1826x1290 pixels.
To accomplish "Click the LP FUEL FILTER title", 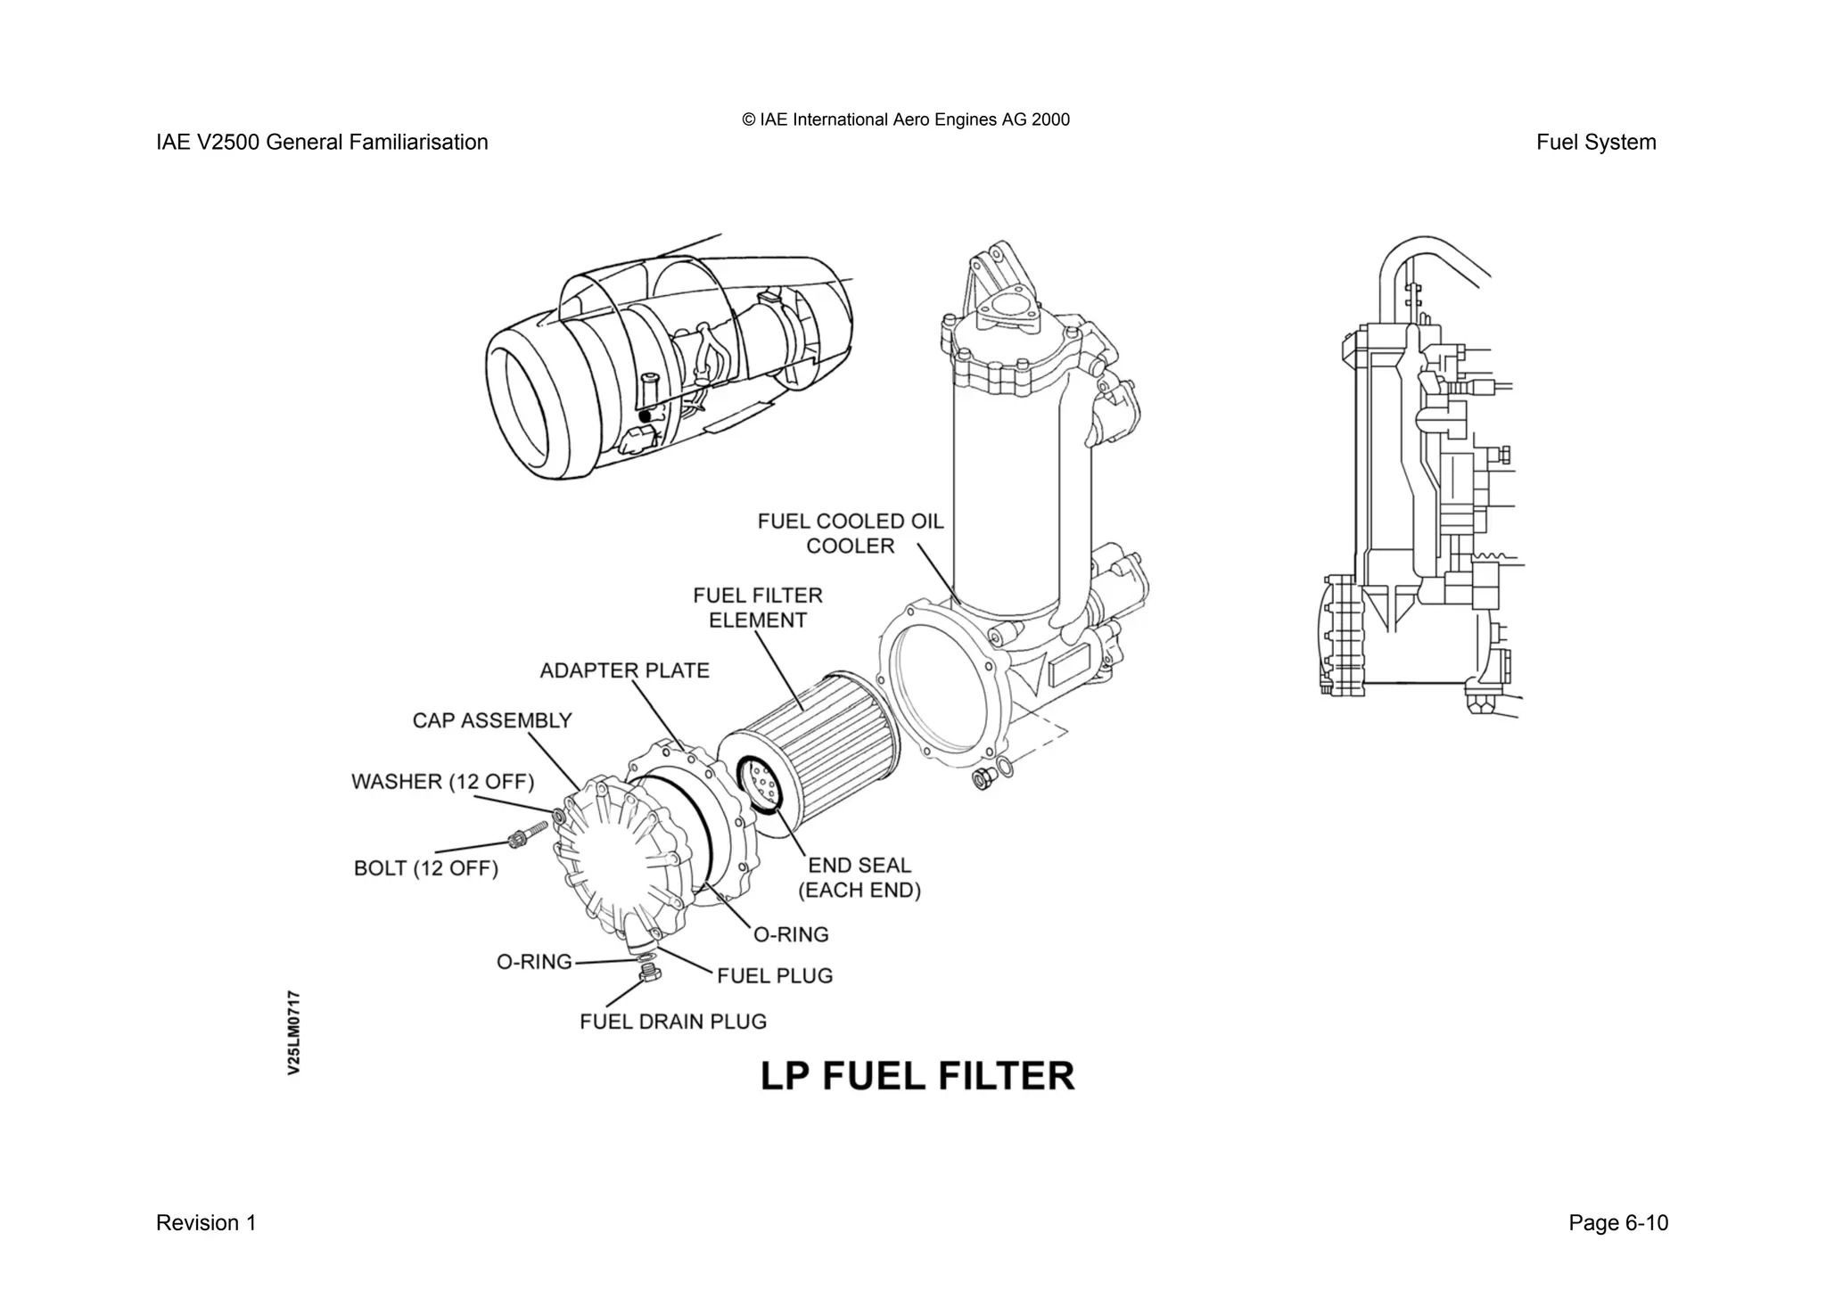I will coord(917,1076).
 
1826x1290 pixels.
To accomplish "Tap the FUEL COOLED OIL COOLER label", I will coord(850,533).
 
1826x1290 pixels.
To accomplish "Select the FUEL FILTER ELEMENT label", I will coord(757,607).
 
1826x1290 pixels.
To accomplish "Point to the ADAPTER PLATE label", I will coord(624,670).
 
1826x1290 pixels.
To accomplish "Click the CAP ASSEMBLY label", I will coord(491,720).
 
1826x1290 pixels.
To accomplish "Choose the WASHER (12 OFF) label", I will coord(442,782).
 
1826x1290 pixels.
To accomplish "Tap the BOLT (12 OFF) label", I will coord(425,868).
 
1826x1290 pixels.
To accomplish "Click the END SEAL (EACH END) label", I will coord(859,877).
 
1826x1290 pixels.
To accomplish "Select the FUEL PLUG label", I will coord(774,975).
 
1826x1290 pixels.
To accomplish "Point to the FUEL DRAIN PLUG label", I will coord(672,1022).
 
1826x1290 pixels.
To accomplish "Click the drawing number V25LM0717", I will coord(294,1031).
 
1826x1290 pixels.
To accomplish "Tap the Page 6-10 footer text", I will coord(1617,1223).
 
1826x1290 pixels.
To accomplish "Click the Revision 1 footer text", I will coord(206,1223).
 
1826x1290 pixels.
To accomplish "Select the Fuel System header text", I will coord(1595,143).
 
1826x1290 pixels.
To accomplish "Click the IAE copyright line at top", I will coord(905,119).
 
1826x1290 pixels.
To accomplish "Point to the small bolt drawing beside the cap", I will coord(525,837).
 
